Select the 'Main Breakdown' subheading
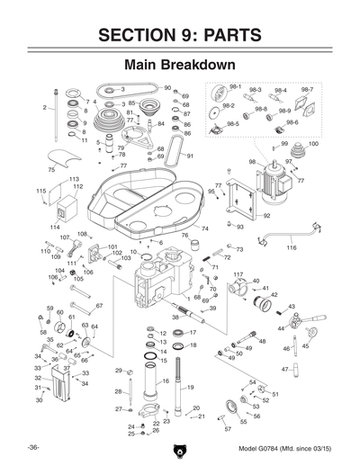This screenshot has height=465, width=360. pyautogui.click(x=180, y=66)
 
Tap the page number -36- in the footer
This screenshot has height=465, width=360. pyautogui.click(x=32, y=447)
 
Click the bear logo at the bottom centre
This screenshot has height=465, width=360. pyautogui.click(x=180, y=445)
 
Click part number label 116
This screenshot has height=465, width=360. pyautogui.click(x=291, y=246)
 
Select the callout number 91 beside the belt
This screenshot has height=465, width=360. pyautogui.click(x=190, y=155)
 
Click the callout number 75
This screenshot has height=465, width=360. pyautogui.click(x=51, y=169)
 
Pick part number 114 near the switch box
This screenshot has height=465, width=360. pyautogui.click(x=56, y=227)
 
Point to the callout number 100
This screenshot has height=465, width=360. pyautogui.click(x=312, y=144)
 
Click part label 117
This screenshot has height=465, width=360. pyautogui.click(x=238, y=273)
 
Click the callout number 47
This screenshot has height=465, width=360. pyautogui.click(x=284, y=369)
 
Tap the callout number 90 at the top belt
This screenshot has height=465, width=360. pyautogui.click(x=167, y=87)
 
